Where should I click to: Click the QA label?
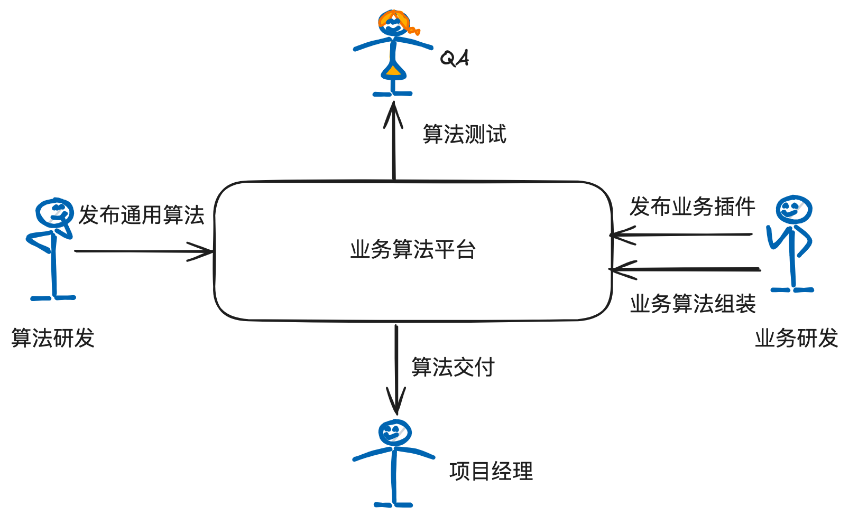[455, 58]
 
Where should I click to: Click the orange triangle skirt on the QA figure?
[392, 70]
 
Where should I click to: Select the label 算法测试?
[465, 134]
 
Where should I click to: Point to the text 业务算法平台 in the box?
[413, 249]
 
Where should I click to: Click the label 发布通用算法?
[141, 215]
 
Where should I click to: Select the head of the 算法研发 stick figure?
[55, 212]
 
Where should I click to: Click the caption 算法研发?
[53, 338]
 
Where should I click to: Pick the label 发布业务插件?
[692, 207]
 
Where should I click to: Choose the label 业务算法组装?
[693, 304]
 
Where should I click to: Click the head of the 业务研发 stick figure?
[793, 209]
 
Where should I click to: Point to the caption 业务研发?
[796, 338]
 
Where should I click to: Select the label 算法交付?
[453, 367]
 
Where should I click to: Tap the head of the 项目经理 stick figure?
[394, 433]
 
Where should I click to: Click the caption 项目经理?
[491, 471]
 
